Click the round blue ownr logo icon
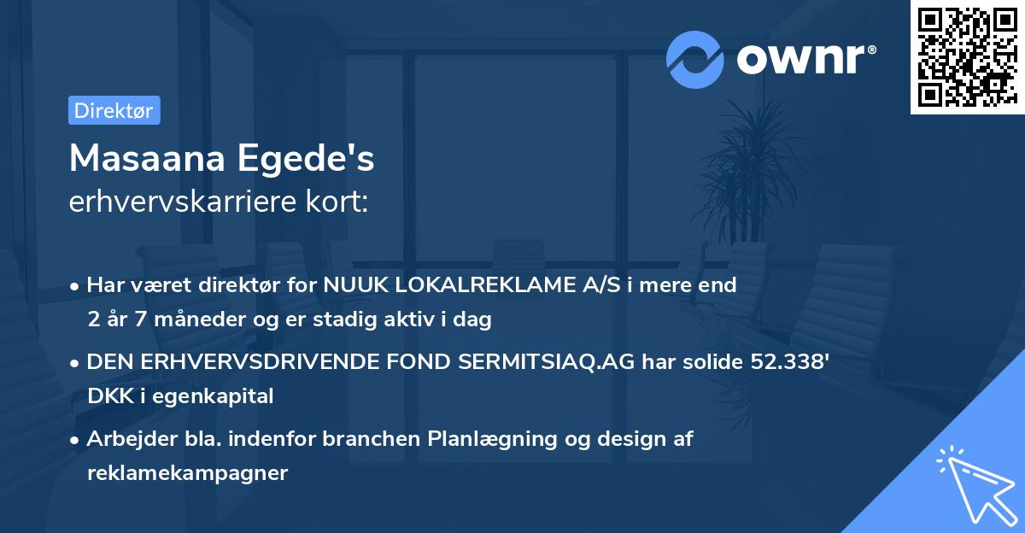point(695,59)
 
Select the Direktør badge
point(114,110)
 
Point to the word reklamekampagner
point(188,472)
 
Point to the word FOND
point(404,362)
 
